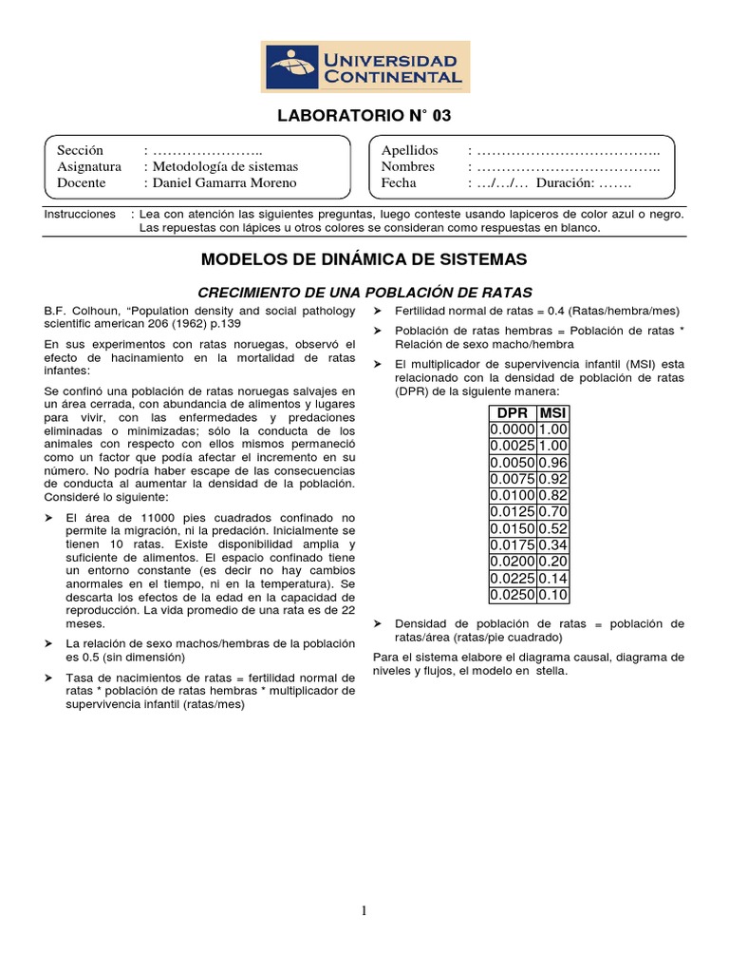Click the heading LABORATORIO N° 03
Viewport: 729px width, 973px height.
pos(364,117)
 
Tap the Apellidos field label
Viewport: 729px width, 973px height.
pos(409,150)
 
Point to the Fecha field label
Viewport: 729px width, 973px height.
pos(399,182)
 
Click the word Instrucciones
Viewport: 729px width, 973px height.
pos(80,215)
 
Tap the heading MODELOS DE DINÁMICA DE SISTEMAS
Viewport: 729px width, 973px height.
pos(364,258)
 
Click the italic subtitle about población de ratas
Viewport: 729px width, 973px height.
pos(364,292)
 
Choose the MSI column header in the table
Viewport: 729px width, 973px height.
pos(551,412)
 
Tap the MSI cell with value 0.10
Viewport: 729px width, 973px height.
pos(551,595)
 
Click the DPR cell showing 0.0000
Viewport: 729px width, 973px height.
pos(512,430)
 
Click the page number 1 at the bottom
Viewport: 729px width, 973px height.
pos(364,911)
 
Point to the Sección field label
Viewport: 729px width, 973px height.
pos(80,150)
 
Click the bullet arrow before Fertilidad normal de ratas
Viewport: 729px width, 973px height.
pos(378,312)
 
